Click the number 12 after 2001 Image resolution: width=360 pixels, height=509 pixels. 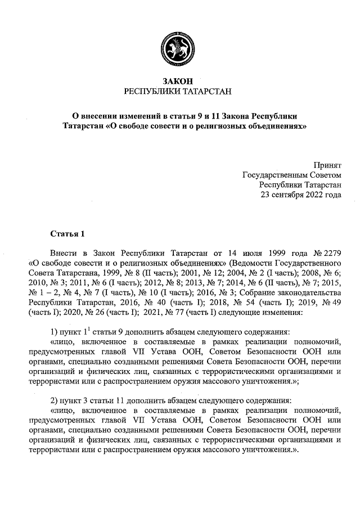click(182, 273)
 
